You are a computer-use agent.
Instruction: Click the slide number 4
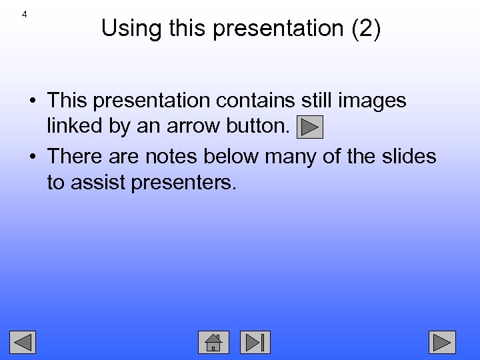point(24,14)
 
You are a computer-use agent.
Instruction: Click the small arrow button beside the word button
point(309,127)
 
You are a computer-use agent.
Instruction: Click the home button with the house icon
point(213,342)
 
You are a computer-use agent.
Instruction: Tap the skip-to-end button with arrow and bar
point(255,342)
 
